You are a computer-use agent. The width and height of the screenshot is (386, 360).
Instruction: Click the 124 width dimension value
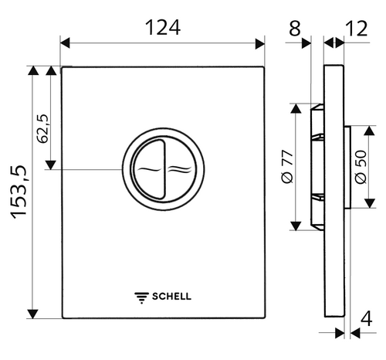[163, 28]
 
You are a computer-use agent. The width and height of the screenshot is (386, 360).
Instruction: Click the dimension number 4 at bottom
[366, 318]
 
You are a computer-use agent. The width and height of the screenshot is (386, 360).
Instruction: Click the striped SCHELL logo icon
[141, 295]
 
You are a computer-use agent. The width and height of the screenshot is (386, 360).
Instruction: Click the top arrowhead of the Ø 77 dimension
[296, 108]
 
